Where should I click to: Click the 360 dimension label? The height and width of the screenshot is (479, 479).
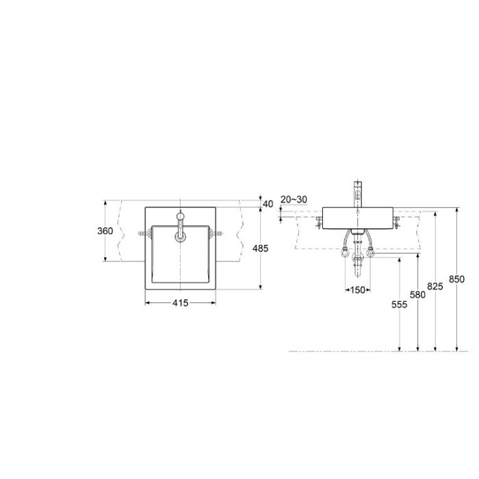(105, 231)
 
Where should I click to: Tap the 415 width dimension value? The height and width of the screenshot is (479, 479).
(181, 303)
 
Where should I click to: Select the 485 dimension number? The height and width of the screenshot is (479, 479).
(260, 248)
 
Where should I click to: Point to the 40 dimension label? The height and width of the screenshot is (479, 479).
(268, 204)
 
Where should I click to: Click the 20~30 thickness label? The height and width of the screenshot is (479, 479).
(294, 200)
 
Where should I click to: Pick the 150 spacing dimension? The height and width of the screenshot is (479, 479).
(358, 289)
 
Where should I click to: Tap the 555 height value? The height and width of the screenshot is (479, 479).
(400, 305)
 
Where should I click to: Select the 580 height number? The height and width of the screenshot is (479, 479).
(417, 294)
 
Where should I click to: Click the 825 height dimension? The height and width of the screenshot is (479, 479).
(435, 286)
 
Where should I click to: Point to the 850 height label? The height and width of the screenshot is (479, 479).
(456, 279)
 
